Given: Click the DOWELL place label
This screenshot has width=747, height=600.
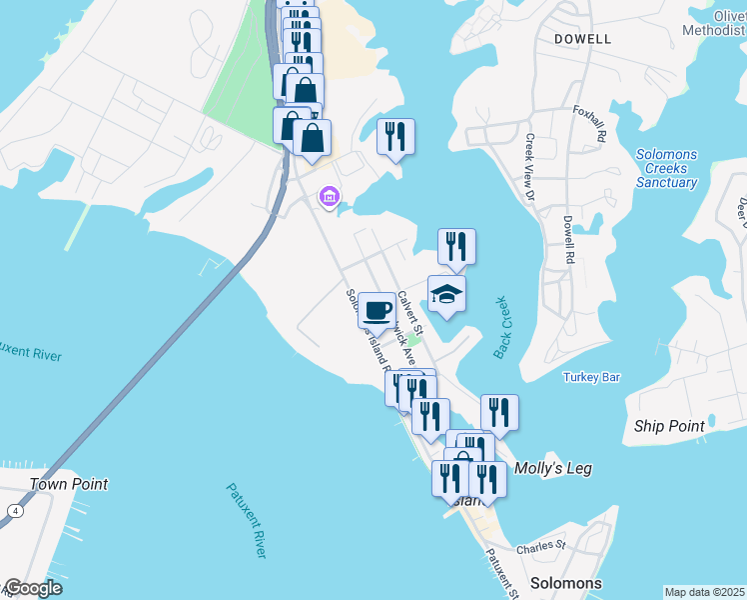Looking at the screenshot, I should tap(583, 39).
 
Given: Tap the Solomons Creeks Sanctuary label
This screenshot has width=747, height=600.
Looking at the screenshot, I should tap(666, 168).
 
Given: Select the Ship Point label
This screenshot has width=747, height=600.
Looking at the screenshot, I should tap(669, 426).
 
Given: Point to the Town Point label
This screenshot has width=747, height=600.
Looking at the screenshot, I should tap(68, 484).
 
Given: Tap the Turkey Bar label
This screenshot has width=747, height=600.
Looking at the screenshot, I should tap(592, 377).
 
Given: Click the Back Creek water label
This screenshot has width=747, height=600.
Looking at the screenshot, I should tap(501, 327).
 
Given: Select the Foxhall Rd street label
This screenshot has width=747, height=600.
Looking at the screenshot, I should tap(589, 124).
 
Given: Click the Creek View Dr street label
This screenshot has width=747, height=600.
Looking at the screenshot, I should tap(530, 168).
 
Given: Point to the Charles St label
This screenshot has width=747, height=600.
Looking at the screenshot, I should tap(541, 547).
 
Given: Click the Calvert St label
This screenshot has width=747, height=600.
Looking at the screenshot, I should tap(410, 312).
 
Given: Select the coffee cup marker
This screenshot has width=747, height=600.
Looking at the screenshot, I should tap(376, 309).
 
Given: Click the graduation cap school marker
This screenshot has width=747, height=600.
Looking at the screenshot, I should tap(446, 294).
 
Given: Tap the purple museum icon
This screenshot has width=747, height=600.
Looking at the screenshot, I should tap(328, 198).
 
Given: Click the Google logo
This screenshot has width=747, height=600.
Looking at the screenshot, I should tap(33, 588).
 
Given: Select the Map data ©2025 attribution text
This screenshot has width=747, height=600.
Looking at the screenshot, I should tap(705, 592).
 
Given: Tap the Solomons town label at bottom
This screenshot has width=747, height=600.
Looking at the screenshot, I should tap(565, 583).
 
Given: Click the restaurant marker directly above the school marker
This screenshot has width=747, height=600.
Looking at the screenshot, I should tap(456, 245).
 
